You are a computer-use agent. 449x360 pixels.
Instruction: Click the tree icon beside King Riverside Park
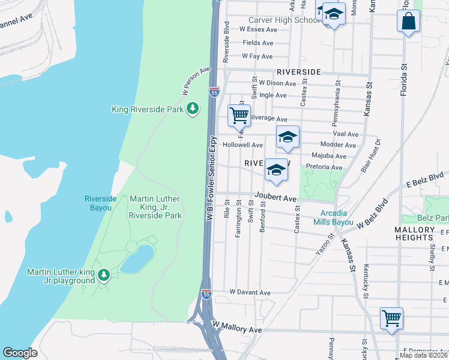pyautogui.click(x=192, y=109)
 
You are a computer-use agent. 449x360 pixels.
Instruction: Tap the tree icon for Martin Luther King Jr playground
pyautogui.click(x=104, y=275)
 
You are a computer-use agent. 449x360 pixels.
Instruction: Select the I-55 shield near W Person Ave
pyautogui.click(x=214, y=92)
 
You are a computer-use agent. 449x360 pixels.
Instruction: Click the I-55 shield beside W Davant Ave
pyautogui.click(x=206, y=294)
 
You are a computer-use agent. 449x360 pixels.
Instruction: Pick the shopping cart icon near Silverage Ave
pyautogui.click(x=239, y=115)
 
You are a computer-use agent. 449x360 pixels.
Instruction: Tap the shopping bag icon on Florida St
pyautogui.click(x=408, y=21)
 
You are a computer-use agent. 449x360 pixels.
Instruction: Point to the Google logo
pyautogui.click(x=20, y=353)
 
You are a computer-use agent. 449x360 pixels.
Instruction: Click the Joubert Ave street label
pyautogui.click(x=275, y=197)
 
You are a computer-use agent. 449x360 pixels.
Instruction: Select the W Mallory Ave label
pyautogui.click(x=238, y=330)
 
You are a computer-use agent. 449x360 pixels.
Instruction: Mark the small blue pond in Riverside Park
pyautogui.click(x=136, y=259)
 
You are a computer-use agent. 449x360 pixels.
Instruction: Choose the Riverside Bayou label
pyautogui.click(x=98, y=203)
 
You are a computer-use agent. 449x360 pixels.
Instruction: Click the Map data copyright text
pyautogui.click(x=423, y=355)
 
